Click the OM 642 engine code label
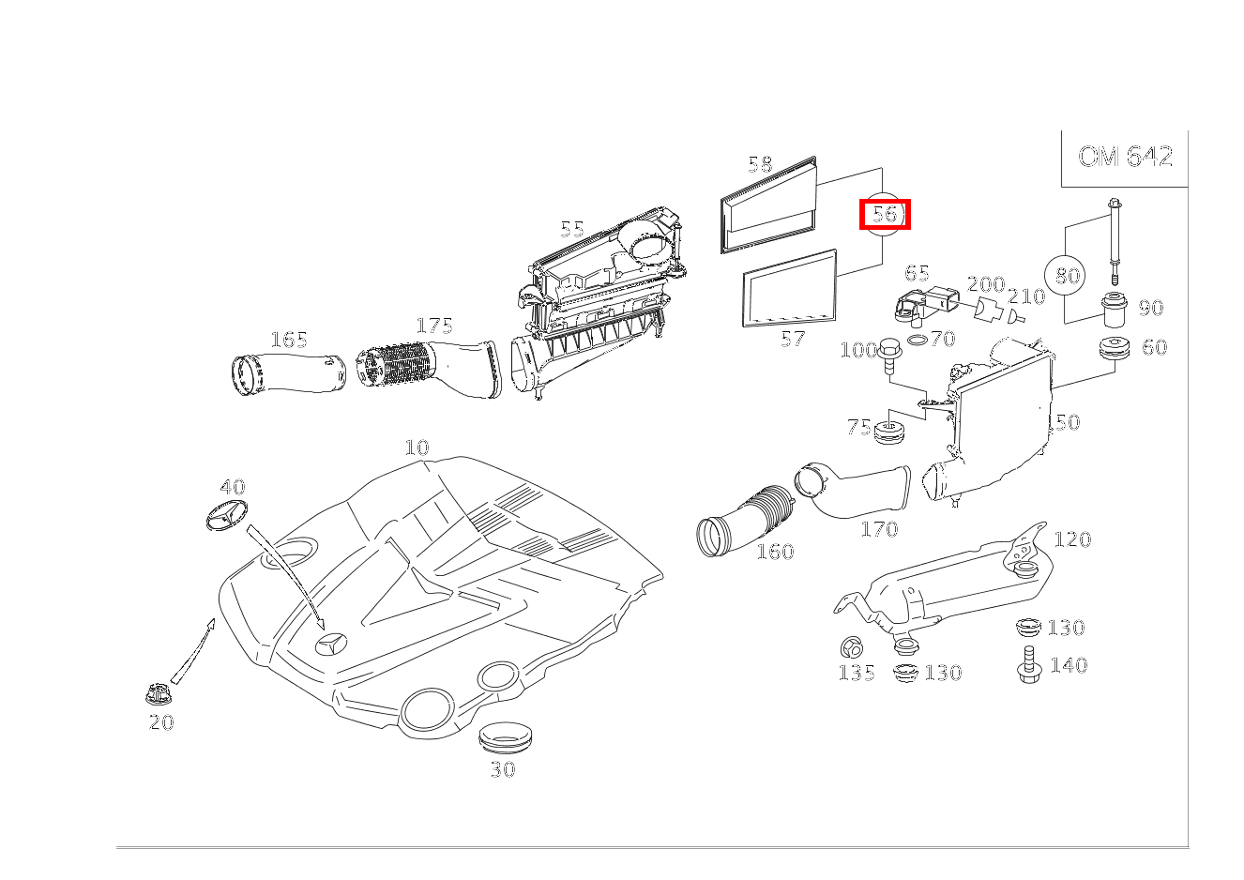tap(1124, 157)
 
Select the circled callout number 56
tap(885, 214)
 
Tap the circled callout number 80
tap(1068, 275)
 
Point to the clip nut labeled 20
tap(158, 695)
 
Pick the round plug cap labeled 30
tap(504, 737)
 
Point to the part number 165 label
tap(289, 340)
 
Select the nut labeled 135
tap(852, 647)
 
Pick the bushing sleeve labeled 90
tap(1115, 310)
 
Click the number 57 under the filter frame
tap(793, 340)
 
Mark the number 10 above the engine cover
tap(417, 448)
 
